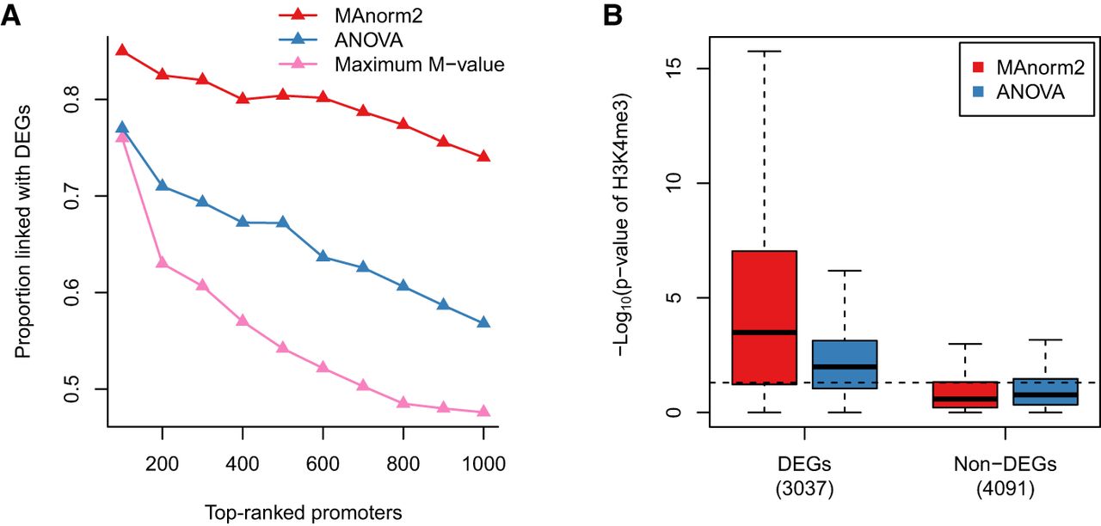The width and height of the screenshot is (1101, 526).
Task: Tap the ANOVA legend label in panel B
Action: coord(1031,92)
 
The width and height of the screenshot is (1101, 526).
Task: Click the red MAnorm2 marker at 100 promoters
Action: coord(122,51)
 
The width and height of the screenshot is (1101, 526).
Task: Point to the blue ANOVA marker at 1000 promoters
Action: coord(483,323)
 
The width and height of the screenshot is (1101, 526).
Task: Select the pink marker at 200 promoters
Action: coord(162,263)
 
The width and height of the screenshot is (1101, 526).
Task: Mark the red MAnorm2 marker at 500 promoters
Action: coord(282,95)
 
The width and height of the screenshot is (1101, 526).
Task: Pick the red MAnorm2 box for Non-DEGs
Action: coord(966,394)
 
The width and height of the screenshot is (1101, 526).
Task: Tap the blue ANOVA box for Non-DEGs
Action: coord(1045,391)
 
